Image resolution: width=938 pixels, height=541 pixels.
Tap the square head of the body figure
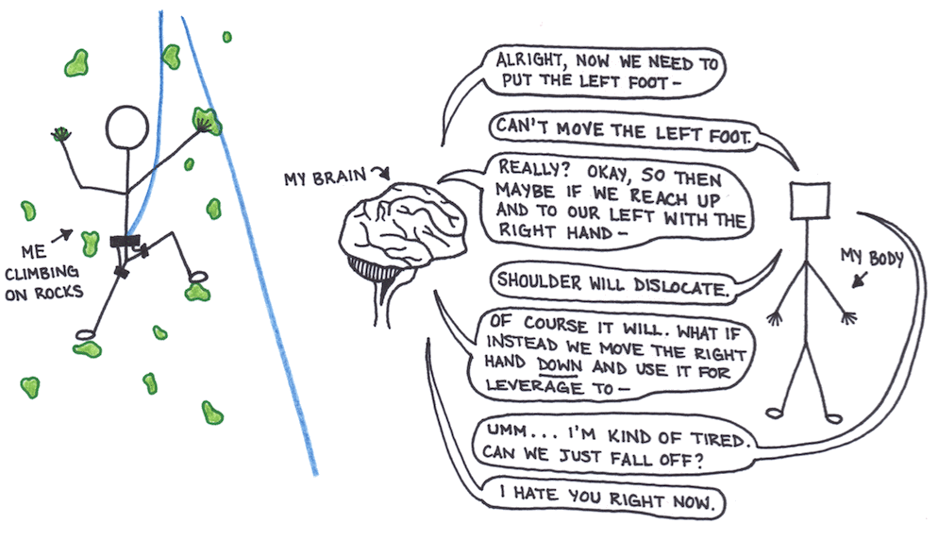[810, 201]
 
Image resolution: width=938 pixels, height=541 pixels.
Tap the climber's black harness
[126, 242]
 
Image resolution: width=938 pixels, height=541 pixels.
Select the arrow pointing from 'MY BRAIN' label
[379, 173]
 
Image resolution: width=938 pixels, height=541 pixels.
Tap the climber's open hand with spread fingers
[65, 133]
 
